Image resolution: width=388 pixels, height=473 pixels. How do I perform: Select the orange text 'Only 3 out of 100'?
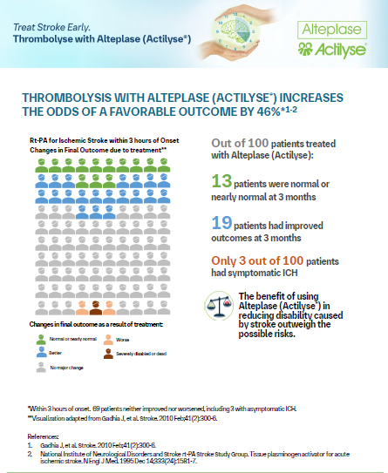(x=261, y=261)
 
